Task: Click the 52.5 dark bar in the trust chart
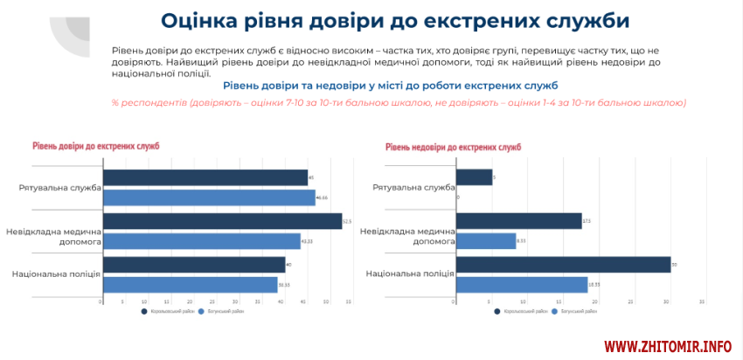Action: pyautogui.click(x=223, y=220)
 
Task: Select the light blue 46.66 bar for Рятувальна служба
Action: pyautogui.click(x=210, y=197)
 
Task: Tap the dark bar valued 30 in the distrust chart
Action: pyautogui.click(x=564, y=264)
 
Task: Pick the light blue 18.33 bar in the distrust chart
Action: pyautogui.click(x=522, y=285)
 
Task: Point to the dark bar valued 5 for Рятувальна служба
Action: pyautogui.click(x=475, y=177)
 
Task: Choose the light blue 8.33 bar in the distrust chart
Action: pyautogui.click(x=486, y=241)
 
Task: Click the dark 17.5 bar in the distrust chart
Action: pyautogui.click(x=519, y=220)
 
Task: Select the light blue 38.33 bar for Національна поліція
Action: pyautogui.click(x=191, y=285)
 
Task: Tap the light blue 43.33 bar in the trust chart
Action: pyautogui.click(x=202, y=241)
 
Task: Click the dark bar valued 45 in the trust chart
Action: pyautogui.click(x=205, y=177)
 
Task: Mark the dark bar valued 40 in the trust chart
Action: pyautogui.click(x=194, y=264)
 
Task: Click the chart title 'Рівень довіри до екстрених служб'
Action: pyautogui.click(x=96, y=146)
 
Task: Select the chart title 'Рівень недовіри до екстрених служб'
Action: pyautogui.click(x=453, y=147)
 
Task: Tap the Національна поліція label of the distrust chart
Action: pyautogui.click(x=410, y=273)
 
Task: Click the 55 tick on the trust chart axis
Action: pyautogui.click(x=348, y=301)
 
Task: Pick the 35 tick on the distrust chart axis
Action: pyautogui.click(x=702, y=301)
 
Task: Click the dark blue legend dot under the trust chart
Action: pyautogui.click(x=144, y=311)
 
